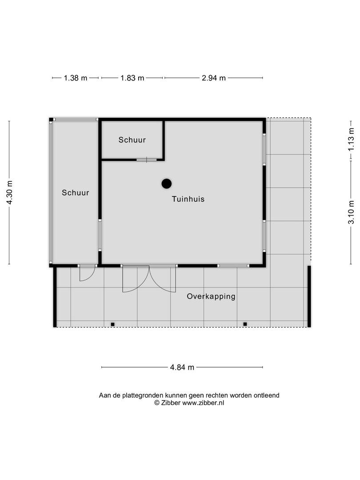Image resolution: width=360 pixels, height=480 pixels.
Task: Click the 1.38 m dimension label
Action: [76, 78]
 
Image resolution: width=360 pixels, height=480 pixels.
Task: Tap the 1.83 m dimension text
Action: [132, 78]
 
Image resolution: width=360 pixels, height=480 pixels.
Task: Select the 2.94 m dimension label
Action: [214, 78]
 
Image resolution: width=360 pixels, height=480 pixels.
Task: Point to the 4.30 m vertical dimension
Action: [10, 192]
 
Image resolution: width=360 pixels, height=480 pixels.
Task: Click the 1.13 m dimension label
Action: [351, 139]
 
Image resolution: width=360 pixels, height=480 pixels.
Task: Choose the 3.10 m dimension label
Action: [351, 212]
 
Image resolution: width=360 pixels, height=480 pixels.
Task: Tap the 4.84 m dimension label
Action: [182, 368]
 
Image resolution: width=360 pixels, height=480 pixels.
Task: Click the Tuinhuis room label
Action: [188, 199]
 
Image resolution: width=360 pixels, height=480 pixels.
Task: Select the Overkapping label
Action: [211, 296]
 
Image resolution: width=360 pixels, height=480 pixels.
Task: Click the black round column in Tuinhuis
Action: [167, 184]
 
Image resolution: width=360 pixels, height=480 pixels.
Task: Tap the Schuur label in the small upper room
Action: [132, 140]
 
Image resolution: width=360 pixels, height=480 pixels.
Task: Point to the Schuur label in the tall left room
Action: [76, 192]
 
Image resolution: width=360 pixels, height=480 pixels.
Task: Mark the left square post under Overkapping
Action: [112, 324]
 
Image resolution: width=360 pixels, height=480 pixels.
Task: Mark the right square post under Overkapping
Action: [245, 324]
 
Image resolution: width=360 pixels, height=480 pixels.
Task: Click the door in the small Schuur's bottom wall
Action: [147, 160]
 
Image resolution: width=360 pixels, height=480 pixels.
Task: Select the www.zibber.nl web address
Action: [203, 403]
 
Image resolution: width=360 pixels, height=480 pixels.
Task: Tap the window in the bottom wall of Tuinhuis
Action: [233, 266]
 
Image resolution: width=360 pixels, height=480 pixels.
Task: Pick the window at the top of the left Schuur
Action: [75, 120]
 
